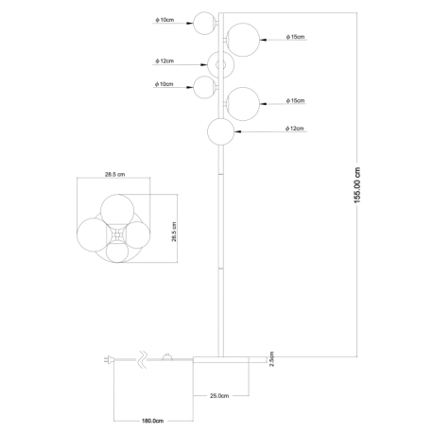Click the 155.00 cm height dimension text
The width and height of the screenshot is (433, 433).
pos(357,185)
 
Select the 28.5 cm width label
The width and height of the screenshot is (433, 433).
pos(114,174)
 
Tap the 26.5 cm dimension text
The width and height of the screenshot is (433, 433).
pos(174,232)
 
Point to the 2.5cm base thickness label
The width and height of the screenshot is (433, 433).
pos(272,359)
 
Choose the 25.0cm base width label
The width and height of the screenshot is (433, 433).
pos(219,396)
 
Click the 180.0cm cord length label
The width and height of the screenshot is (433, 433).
pos(152,421)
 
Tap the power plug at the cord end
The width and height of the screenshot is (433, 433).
pos(109,359)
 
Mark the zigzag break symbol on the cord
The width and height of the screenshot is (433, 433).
pos(143,359)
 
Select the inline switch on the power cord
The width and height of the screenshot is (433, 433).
pos(167,356)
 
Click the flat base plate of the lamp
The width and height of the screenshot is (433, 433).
pos(230,360)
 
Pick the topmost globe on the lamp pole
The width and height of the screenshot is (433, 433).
pos(205,23)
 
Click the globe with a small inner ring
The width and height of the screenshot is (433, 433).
pos(221,64)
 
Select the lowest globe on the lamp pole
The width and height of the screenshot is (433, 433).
pos(221,131)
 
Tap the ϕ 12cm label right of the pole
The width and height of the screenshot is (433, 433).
pos(295,129)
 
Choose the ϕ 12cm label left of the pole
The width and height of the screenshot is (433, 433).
pos(165,61)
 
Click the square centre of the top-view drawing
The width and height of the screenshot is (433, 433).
pos(116,234)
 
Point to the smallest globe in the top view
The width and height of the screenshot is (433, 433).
pos(117,251)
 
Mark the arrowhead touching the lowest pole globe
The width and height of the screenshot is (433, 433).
pos(238,131)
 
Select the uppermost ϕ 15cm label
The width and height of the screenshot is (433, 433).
pos(295,37)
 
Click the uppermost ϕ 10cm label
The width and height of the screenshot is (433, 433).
pos(165,20)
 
